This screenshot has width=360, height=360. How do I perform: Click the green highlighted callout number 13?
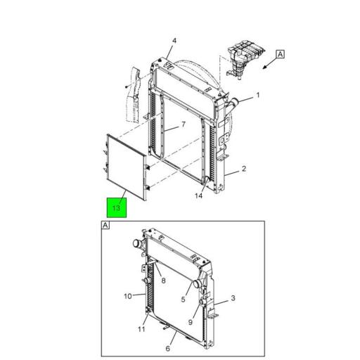click(x=117, y=207)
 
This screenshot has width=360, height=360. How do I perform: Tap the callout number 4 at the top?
click(x=174, y=41)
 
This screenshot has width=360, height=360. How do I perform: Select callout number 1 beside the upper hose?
click(x=258, y=96)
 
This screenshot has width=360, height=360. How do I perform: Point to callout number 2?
click(x=244, y=169)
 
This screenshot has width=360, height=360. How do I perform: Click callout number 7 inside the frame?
click(x=184, y=124)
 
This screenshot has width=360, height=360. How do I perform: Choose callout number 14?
click(x=198, y=195)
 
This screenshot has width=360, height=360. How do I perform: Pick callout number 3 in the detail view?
click(x=233, y=298)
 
